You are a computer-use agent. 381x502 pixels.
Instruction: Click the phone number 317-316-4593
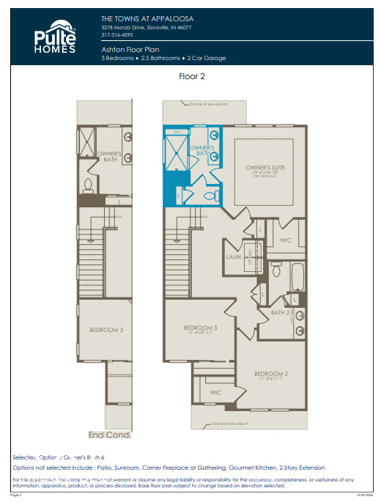(117, 34)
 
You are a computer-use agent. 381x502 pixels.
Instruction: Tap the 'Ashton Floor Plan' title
(130, 48)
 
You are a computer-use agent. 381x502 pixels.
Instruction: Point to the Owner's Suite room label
(265, 168)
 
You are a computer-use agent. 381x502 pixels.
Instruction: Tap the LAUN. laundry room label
(234, 258)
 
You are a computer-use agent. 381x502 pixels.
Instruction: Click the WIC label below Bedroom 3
(215, 393)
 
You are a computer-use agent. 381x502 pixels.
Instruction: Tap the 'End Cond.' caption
(109, 435)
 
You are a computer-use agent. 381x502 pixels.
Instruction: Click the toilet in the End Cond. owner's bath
(87, 185)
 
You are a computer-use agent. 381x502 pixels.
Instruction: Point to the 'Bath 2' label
(279, 313)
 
